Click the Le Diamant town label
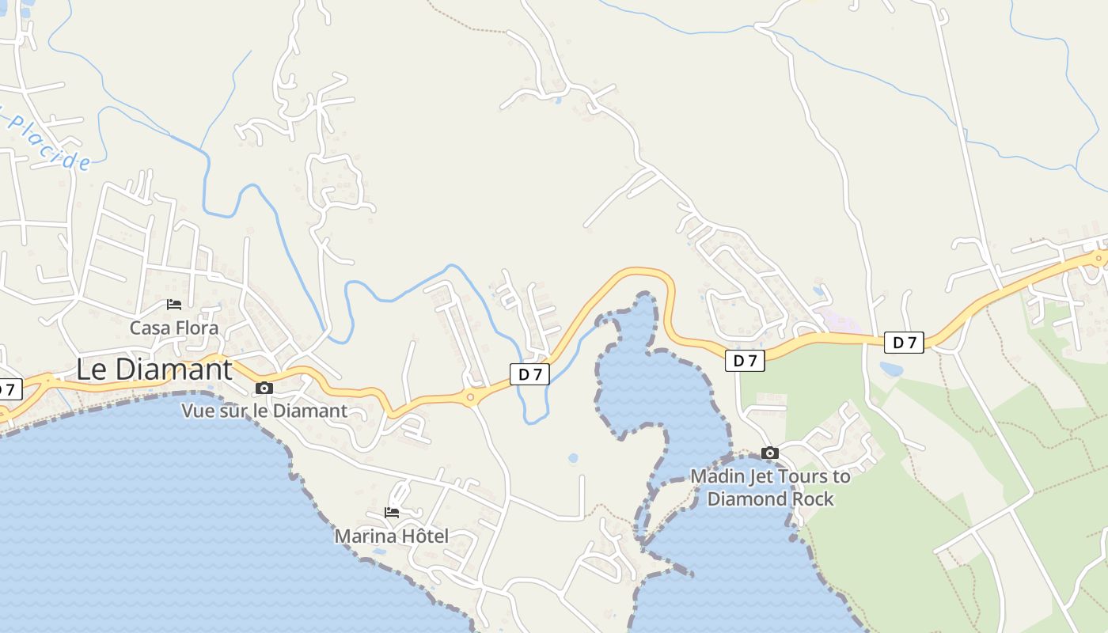click(154, 370)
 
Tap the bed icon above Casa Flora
click(174, 305)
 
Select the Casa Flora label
click(174, 328)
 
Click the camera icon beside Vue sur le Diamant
click(264, 388)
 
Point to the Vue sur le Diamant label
click(264, 411)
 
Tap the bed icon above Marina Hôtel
click(392, 513)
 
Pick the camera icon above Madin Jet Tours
click(769, 453)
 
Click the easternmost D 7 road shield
click(904, 343)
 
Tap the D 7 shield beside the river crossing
click(529, 374)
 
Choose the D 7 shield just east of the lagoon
click(745, 361)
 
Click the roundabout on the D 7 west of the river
click(471, 397)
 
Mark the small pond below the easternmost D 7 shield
click(891, 369)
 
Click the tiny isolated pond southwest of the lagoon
click(573, 458)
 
